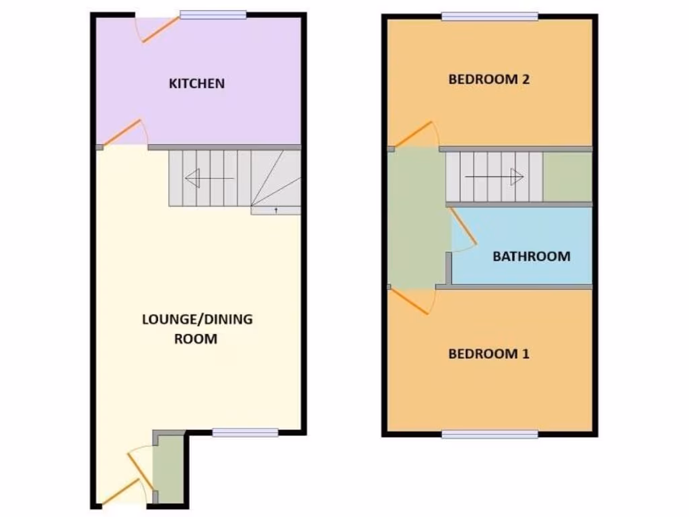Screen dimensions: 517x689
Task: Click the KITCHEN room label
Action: point(196,84)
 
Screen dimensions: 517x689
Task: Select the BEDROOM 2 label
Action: point(489,79)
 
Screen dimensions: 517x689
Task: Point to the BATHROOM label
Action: point(531,256)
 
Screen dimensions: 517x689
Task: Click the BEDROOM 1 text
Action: point(489,353)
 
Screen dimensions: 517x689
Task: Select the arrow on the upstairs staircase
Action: point(495,177)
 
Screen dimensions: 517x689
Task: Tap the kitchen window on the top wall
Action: point(212,15)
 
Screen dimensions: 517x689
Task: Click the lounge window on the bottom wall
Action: point(245,433)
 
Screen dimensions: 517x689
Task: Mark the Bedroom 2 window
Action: point(490,16)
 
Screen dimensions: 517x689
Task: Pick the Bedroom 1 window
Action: point(490,434)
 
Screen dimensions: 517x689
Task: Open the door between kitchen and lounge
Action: point(124,133)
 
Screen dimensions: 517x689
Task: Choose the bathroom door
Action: point(464,229)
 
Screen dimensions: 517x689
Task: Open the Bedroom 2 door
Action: point(414,135)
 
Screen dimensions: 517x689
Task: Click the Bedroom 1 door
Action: point(414,300)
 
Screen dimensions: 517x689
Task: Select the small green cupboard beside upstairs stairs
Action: point(567,177)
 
